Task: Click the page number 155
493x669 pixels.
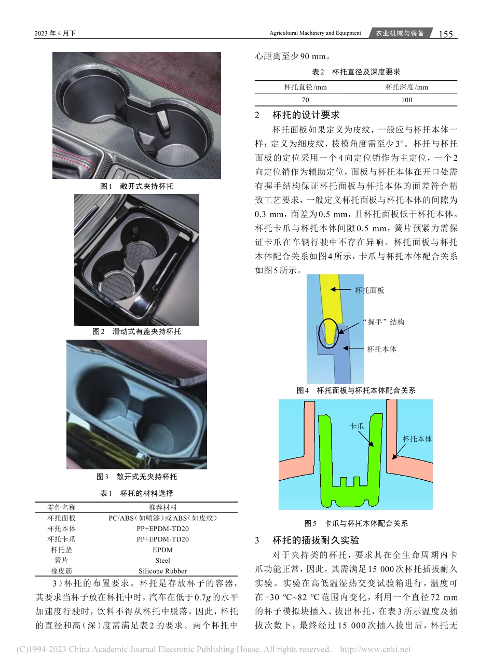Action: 445,34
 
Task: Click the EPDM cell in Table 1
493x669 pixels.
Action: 162,550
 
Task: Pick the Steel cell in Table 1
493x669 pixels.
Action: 162,560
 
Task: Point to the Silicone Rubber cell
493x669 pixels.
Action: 162,571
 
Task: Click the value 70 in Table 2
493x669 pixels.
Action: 305,100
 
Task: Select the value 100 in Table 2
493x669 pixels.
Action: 407,100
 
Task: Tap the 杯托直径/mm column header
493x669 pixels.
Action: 305,87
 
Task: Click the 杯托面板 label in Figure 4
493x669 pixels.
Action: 369,290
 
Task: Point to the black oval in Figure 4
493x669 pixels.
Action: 328,333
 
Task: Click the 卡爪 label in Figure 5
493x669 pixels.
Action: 357,426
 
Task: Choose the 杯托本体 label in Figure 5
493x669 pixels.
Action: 417,439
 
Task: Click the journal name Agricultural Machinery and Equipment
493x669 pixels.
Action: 315,33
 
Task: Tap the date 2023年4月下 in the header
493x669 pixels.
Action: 55,34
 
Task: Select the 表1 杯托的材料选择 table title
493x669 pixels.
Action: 136,493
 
